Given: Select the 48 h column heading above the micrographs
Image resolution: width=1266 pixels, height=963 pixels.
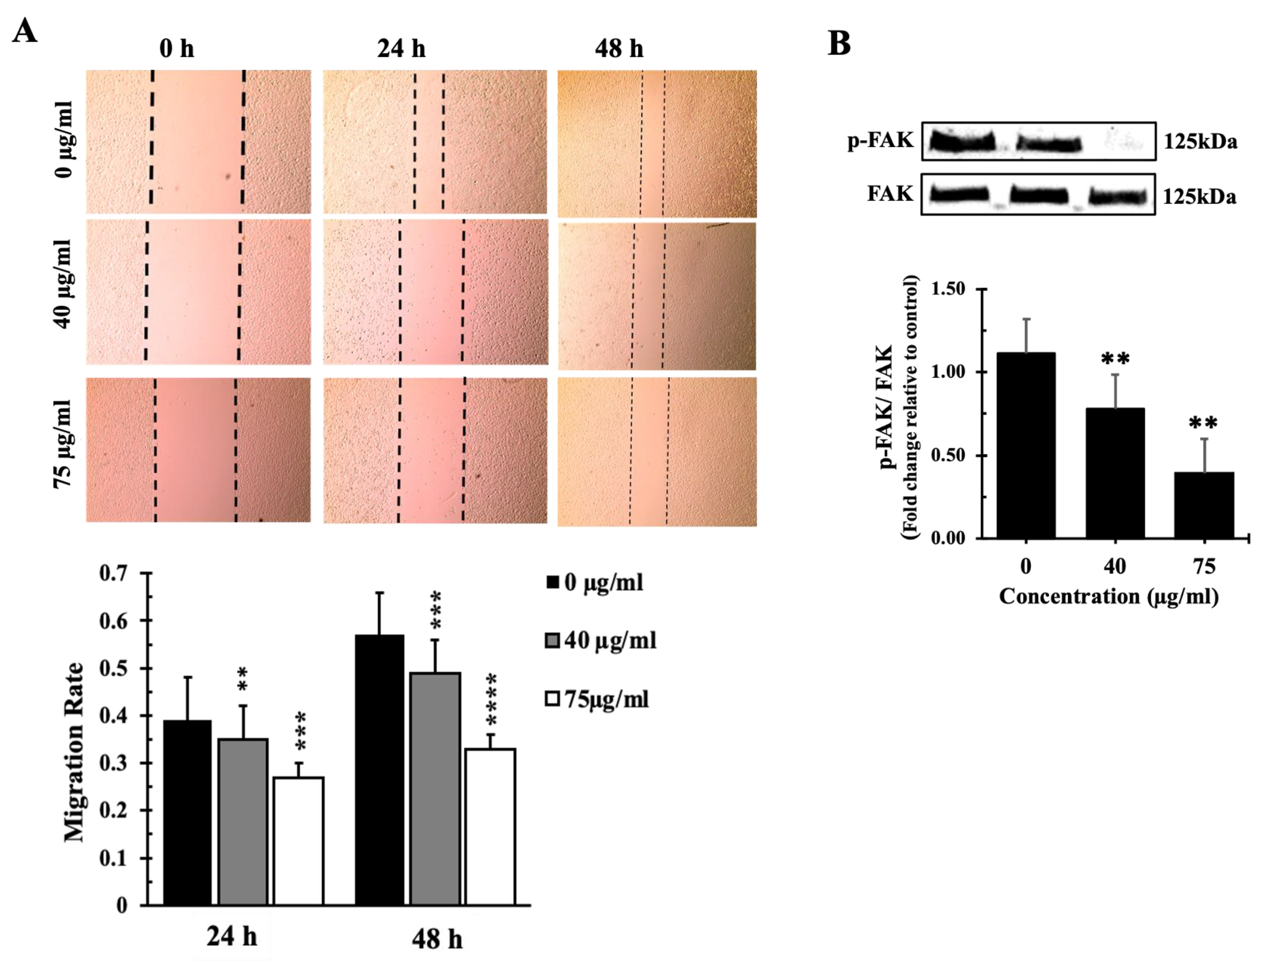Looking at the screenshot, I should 619,48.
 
